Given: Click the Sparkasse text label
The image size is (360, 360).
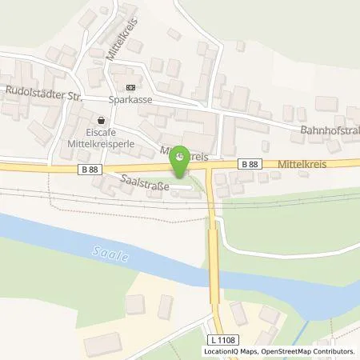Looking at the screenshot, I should (131, 102).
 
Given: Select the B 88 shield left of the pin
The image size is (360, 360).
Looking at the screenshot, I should (90, 170).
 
